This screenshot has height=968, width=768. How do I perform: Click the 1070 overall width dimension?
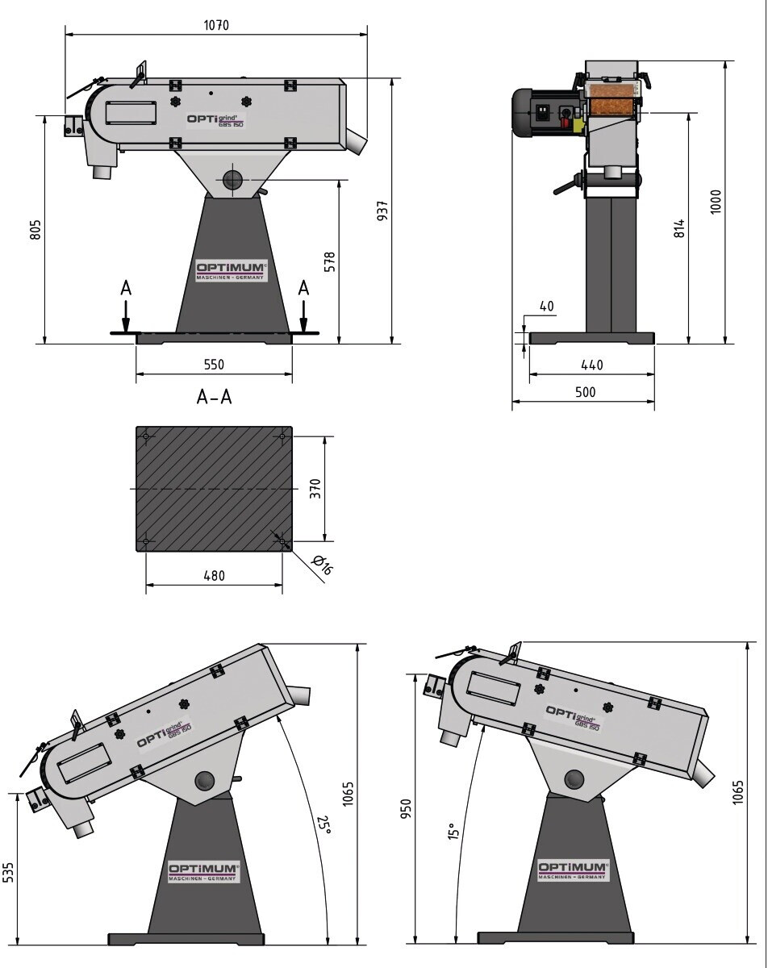216,25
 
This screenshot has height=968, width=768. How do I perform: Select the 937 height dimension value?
382,211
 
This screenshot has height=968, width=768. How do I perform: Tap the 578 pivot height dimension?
330,262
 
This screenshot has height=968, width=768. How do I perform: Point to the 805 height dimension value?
35,229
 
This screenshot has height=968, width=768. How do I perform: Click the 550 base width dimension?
214,365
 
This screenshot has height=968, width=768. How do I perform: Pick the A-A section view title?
214,397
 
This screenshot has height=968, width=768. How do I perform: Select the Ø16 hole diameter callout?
322,565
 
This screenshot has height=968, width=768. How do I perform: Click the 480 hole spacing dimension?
214,576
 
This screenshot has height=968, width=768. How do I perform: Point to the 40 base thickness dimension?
547,306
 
